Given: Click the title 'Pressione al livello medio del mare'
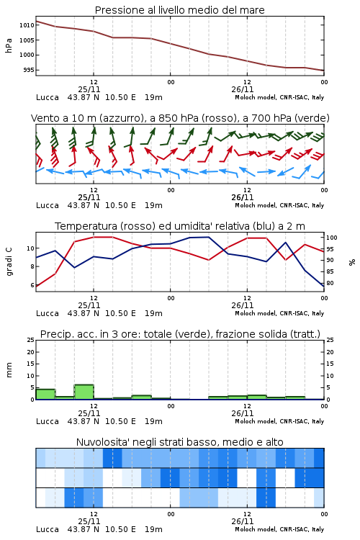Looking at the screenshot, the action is [179, 10].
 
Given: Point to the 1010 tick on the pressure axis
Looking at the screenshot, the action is [27, 25].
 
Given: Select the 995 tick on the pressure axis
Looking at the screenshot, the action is [28, 70].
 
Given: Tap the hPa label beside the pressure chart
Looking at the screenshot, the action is [9, 45].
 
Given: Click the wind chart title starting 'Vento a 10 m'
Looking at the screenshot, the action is [180, 118].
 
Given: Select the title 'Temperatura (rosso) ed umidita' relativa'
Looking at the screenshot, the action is [180, 226].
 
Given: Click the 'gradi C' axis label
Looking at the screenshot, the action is [9, 261].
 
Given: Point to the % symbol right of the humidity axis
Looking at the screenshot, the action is [352, 262].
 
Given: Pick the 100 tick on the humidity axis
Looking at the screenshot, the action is [331, 238].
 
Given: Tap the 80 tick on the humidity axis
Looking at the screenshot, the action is [330, 283].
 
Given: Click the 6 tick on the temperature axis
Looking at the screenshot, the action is [32, 285].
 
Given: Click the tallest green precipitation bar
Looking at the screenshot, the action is [84, 392].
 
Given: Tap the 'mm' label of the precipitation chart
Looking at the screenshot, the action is [9, 370].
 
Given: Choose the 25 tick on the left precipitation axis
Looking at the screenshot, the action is [31, 340].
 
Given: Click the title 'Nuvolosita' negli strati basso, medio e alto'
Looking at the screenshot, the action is [179, 442].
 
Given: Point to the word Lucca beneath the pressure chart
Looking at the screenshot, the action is [48, 97].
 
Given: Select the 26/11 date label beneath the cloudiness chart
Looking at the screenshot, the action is [243, 521].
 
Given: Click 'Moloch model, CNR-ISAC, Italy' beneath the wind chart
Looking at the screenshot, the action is [279, 205].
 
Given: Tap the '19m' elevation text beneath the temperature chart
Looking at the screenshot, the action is [153, 313].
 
